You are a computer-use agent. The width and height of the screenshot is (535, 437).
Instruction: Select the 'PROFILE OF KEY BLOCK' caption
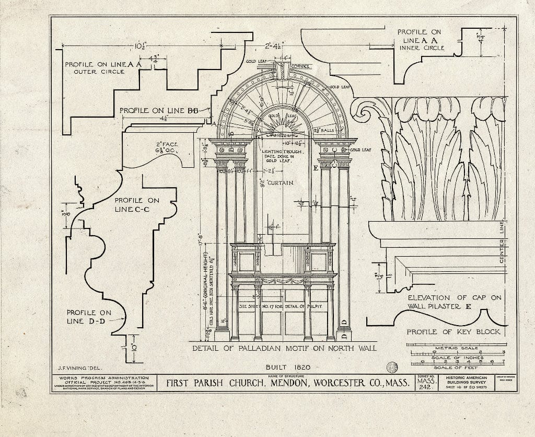tap(453, 332)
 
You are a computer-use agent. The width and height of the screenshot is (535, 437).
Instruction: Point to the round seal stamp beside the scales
tap(391, 367)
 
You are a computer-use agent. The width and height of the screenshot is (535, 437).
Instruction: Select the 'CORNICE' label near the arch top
tap(301, 66)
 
